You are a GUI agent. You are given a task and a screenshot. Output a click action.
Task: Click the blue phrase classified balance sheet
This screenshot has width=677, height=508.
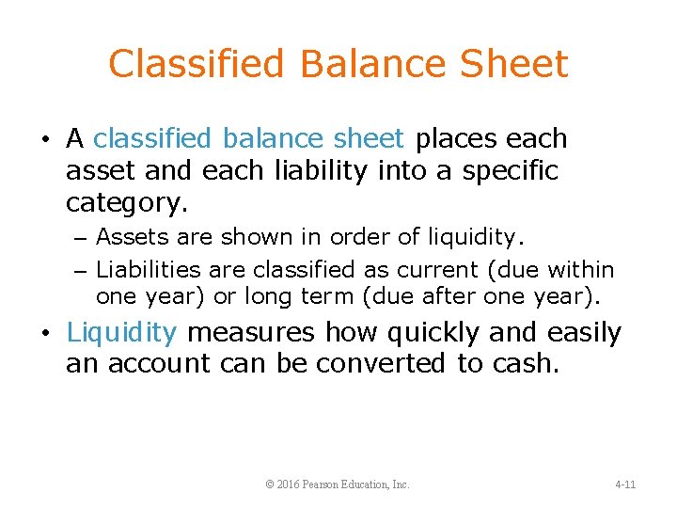point(249,139)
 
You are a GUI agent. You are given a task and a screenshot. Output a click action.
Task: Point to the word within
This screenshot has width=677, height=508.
point(583,271)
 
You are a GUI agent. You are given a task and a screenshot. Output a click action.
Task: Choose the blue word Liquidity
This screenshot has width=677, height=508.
point(121,333)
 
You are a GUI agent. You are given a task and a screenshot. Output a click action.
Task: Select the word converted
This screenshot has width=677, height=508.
point(383,364)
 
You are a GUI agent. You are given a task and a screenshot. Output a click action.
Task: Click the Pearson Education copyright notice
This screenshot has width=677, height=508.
point(338,484)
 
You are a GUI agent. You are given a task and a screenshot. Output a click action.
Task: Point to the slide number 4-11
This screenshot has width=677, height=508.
point(625,484)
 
